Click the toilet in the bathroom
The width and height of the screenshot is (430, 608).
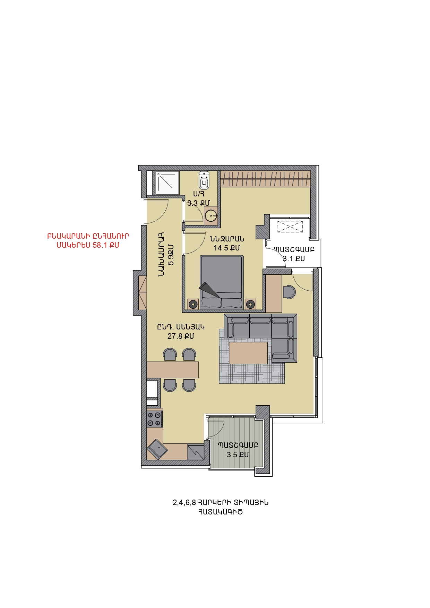(204, 180)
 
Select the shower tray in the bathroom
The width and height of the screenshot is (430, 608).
(167, 183)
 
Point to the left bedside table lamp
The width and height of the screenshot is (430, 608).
(193, 304)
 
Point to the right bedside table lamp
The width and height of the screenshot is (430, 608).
(250, 304)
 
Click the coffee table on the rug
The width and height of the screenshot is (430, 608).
(248, 353)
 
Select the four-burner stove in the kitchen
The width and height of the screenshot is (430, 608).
(155, 419)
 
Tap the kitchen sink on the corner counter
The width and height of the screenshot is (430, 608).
(158, 449)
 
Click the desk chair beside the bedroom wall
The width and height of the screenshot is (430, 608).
(289, 292)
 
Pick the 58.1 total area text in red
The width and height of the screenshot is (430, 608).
(88, 245)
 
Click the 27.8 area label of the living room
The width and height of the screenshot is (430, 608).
(181, 336)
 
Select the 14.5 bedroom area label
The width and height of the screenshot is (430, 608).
(227, 248)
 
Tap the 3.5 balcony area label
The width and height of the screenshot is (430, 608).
(238, 455)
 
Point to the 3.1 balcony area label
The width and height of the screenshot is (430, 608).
(294, 258)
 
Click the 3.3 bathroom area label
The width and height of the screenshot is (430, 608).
(198, 203)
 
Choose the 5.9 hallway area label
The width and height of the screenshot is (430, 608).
(170, 255)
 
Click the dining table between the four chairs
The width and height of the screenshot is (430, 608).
(173, 370)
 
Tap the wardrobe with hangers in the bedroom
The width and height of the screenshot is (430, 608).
(265, 179)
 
